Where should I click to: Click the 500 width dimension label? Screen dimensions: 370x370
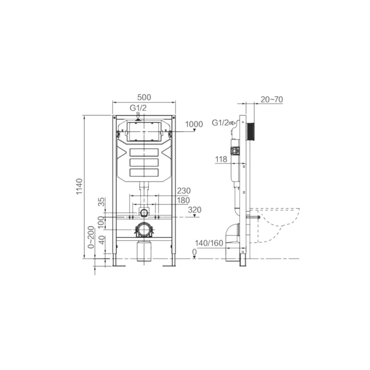click(x=144, y=97)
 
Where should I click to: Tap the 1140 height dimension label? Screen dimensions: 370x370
click(x=79, y=186)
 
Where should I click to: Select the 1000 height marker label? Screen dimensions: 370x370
click(x=194, y=124)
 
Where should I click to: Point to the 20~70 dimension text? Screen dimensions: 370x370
click(x=272, y=100)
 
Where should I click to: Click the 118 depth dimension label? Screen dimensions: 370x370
click(x=221, y=159)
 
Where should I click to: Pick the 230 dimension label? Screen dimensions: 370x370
click(x=184, y=190)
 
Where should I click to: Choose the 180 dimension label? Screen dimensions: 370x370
click(x=184, y=200)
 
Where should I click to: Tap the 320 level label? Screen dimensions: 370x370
click(x=195, y=210)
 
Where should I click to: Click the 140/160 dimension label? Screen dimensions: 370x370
click(x=209, y=243)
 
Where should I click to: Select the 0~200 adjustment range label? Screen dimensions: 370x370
click(x=91, y=237)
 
